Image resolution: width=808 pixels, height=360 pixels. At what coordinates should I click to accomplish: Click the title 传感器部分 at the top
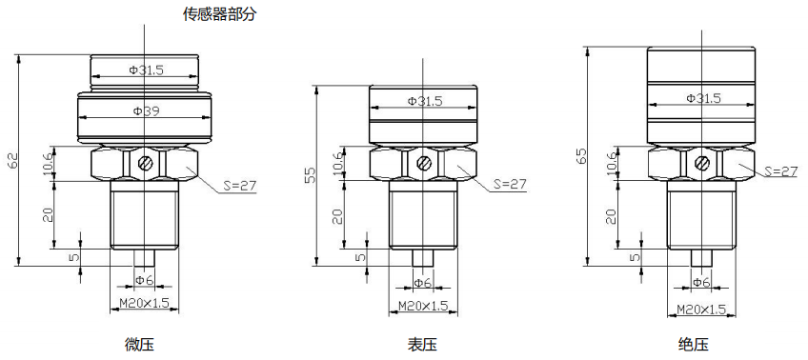pyautogui.click(x=219, y=14)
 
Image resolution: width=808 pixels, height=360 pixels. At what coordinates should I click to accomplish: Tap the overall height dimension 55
pyautogui.click(x=310, y=175)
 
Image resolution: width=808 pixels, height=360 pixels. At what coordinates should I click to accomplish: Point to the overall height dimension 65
pyautogui.click(x=581, y=155)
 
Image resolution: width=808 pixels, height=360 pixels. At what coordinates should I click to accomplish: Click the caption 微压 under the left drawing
pyautogui.click(x=139, y=344)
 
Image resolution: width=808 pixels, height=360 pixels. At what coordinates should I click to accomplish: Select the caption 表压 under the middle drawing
pyautogui.click(x=422, y=344)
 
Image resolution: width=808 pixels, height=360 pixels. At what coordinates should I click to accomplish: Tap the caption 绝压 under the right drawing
pyautogui.click(x=694, y=344)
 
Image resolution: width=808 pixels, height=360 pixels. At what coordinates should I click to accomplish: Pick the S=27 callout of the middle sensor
pyautogui.click(x=510, y=184)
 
